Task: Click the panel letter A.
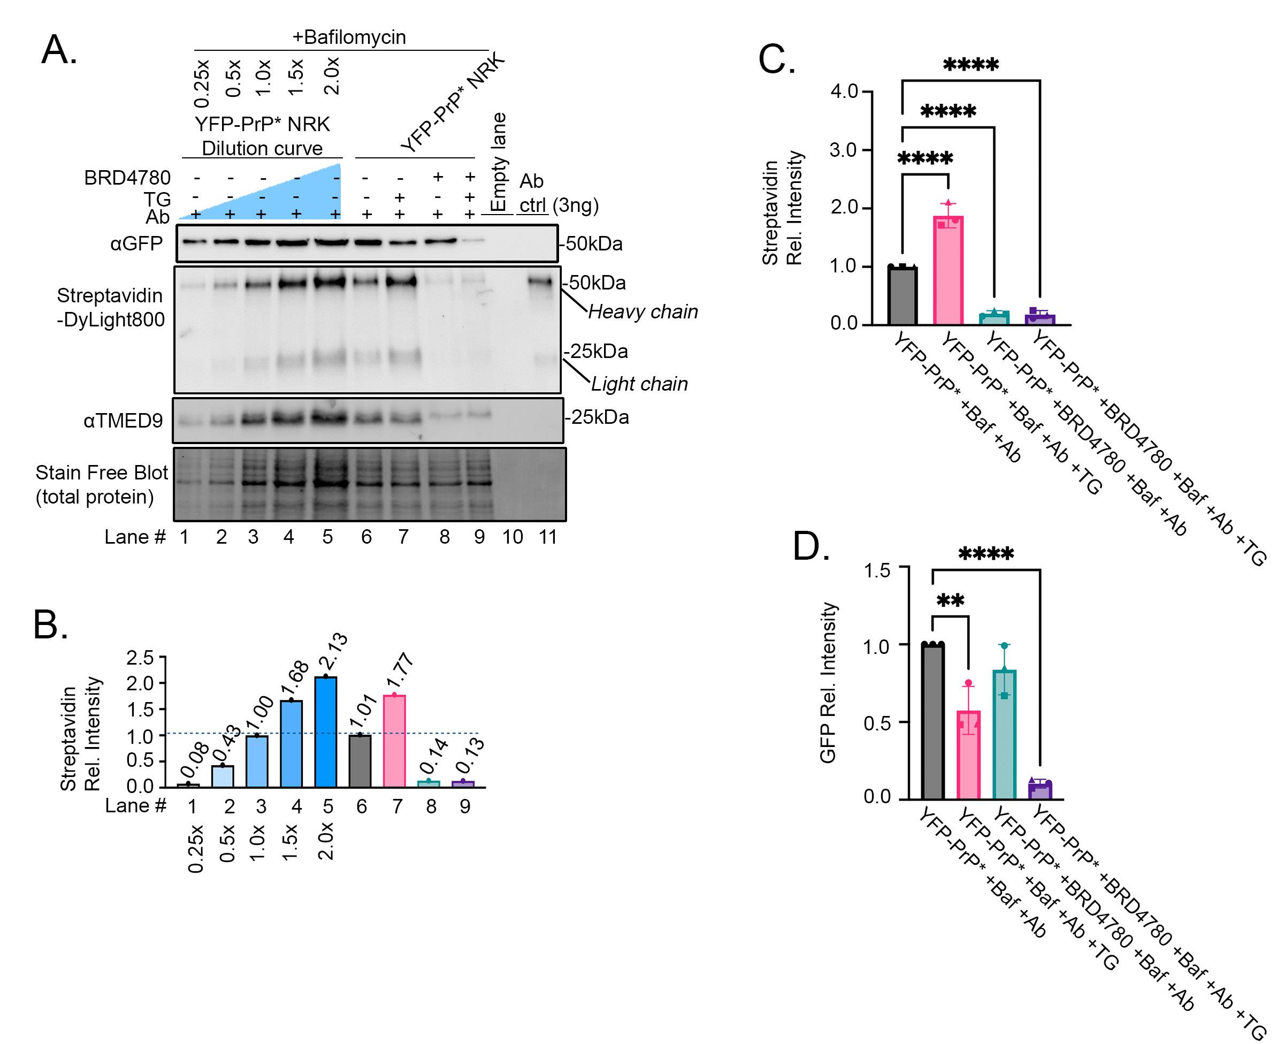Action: coord(58,49)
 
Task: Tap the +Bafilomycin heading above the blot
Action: coord(349,37)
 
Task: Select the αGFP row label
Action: coord(136,243)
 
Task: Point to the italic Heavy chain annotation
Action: coord(643,311)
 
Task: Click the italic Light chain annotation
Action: coord(639,384)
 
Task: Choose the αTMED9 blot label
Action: coord(123,421)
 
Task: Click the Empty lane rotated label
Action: coord(498,162)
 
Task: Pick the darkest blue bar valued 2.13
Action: coord(326,731)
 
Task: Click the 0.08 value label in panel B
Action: coord(195,761)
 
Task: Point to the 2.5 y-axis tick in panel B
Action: coord(140,658)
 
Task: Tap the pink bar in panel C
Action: coord(948,271)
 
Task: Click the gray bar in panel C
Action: coord(903,296)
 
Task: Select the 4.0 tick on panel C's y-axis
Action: coord(844,92)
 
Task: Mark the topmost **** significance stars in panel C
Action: coord(971,64)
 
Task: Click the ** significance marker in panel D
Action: coord(950,601)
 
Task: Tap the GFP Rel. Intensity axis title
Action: coord(828,683)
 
